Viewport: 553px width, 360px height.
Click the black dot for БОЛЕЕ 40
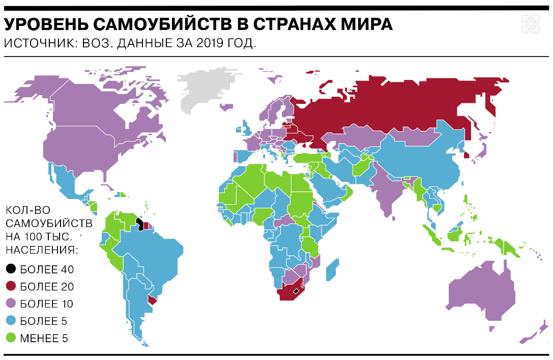pyautogui.click(x=11, y=269)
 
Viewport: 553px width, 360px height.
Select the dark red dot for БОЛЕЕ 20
pyautogui.click(x=11, y=286)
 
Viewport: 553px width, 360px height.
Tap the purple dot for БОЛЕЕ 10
pyautogui.click(x=11, y=303)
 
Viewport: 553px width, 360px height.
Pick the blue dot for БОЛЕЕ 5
pyautogui.click(x=11, y=321)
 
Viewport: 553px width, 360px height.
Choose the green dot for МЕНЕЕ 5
pyautogui.click(x=11, y=338)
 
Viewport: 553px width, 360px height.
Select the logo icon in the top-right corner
pyautogui.click(x=530, y=24)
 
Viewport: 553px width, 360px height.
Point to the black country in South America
pyautogui.click(x=139, y=224)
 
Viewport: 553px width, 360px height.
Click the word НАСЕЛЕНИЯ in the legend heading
pyautogui.click(x=42, y=250)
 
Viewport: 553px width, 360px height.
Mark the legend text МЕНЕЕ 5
pyautogui.click(x=44, y=338)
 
